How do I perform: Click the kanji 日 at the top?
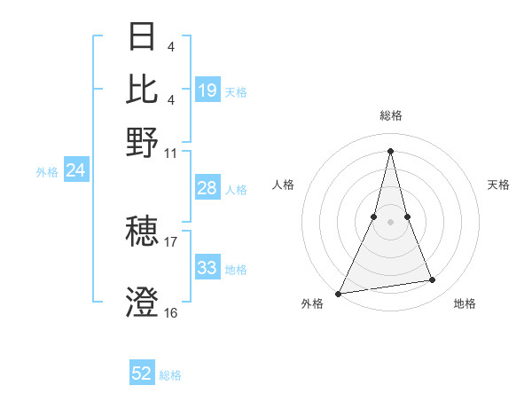click(x=142, y=36)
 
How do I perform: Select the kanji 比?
click(x=142, y=89)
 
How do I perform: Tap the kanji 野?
click(x=142, y=143)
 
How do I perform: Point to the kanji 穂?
click(x=142, y=232)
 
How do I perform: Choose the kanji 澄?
click(x=142, y=303)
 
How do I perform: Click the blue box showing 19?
click(x=207, y=90)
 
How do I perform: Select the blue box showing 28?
click(x=207, y=188)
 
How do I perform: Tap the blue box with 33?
click(x=207, y=268)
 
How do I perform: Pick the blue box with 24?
click(x=75, y=171)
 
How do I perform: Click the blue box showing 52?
click(x=142, y=374)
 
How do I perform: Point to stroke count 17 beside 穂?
click(x=171, y=241)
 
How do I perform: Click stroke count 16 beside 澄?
click(x=171, y=312)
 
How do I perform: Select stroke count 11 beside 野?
click(x=171, y=153)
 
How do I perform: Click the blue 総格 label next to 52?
click(x=171, y=375)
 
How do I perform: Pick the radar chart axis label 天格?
click(x=498, y=185)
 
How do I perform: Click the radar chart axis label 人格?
click(x=283, y=185)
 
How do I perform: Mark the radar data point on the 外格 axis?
click(x=339, y=293)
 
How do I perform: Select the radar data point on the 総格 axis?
click(x=390, y=150)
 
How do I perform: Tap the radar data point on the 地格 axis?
click(x=433, y=280)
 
